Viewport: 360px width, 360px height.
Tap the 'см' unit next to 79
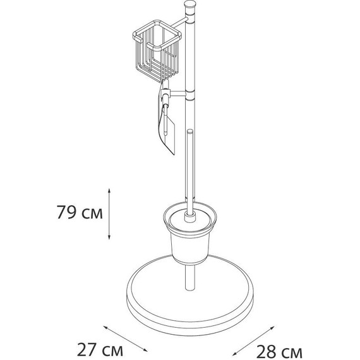[x=91, y=212]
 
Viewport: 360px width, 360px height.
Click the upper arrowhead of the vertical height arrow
[x=111, y=189]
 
